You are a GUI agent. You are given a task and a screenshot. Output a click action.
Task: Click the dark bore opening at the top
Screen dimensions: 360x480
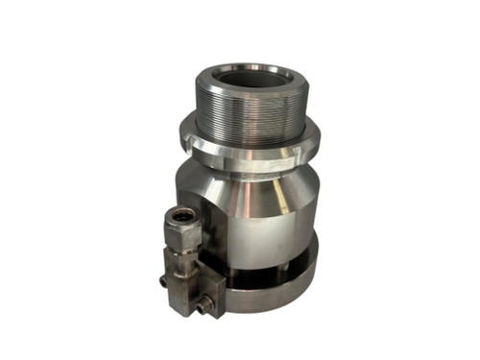coord(251,80)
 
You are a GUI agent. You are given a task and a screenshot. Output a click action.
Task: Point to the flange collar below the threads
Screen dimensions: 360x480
coord(252,153)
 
